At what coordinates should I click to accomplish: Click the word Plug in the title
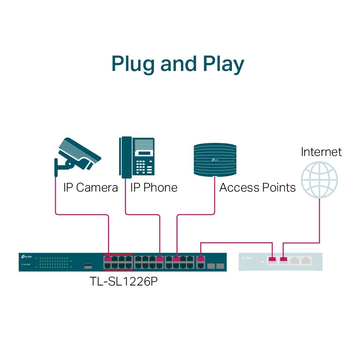pyautogui.click(x=133, y=64)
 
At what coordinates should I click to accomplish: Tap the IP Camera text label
pyautogui.click(x=90, y=188)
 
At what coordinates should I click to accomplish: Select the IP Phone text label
pyautogui.click(x=154, y=188)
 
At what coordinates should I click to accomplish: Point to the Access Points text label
pyautogui.click(x=257, y=188)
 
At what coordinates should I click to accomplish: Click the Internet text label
pyautogui.click(x=321, y=152)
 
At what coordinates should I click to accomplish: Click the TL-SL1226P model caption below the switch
pyautogui.click(x=123, y=281)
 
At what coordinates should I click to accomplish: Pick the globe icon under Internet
pyautogui.click(x=319, y=179)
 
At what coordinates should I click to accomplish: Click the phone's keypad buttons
pyautogui.click(x=145, y=167)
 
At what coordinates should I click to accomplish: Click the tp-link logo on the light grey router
pyautogui.click(x=247, y=258)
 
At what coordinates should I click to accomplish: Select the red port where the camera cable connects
pyautogui.click(x=108, y=258)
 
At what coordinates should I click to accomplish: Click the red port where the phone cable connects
pyautogui.click(x=160, y=258)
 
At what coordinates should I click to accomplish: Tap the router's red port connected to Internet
pyautogui.click(x=284, y=259)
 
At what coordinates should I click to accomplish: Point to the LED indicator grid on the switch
pyautogui.click(x=53, y=262)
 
